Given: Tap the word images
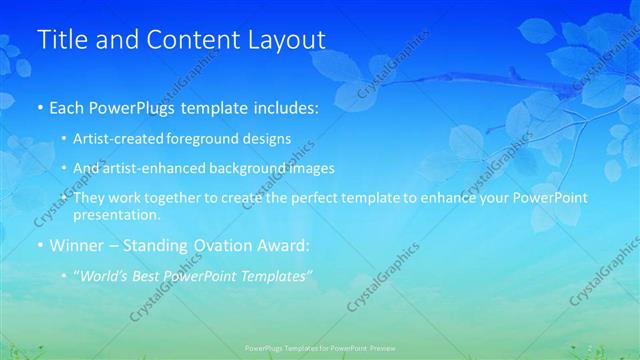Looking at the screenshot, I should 307,168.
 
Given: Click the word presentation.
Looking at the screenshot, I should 117,215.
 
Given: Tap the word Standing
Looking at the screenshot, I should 161,245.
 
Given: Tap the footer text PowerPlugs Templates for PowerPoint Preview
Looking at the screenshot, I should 320,347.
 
